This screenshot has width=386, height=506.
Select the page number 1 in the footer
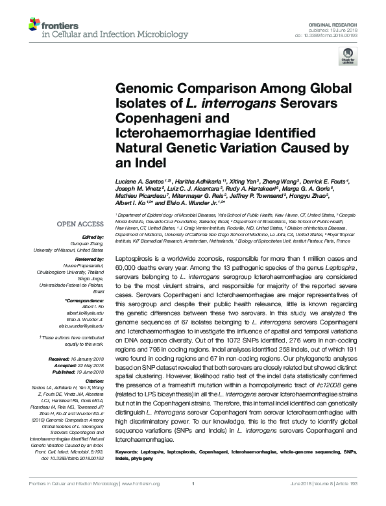[x=193, y=501]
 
